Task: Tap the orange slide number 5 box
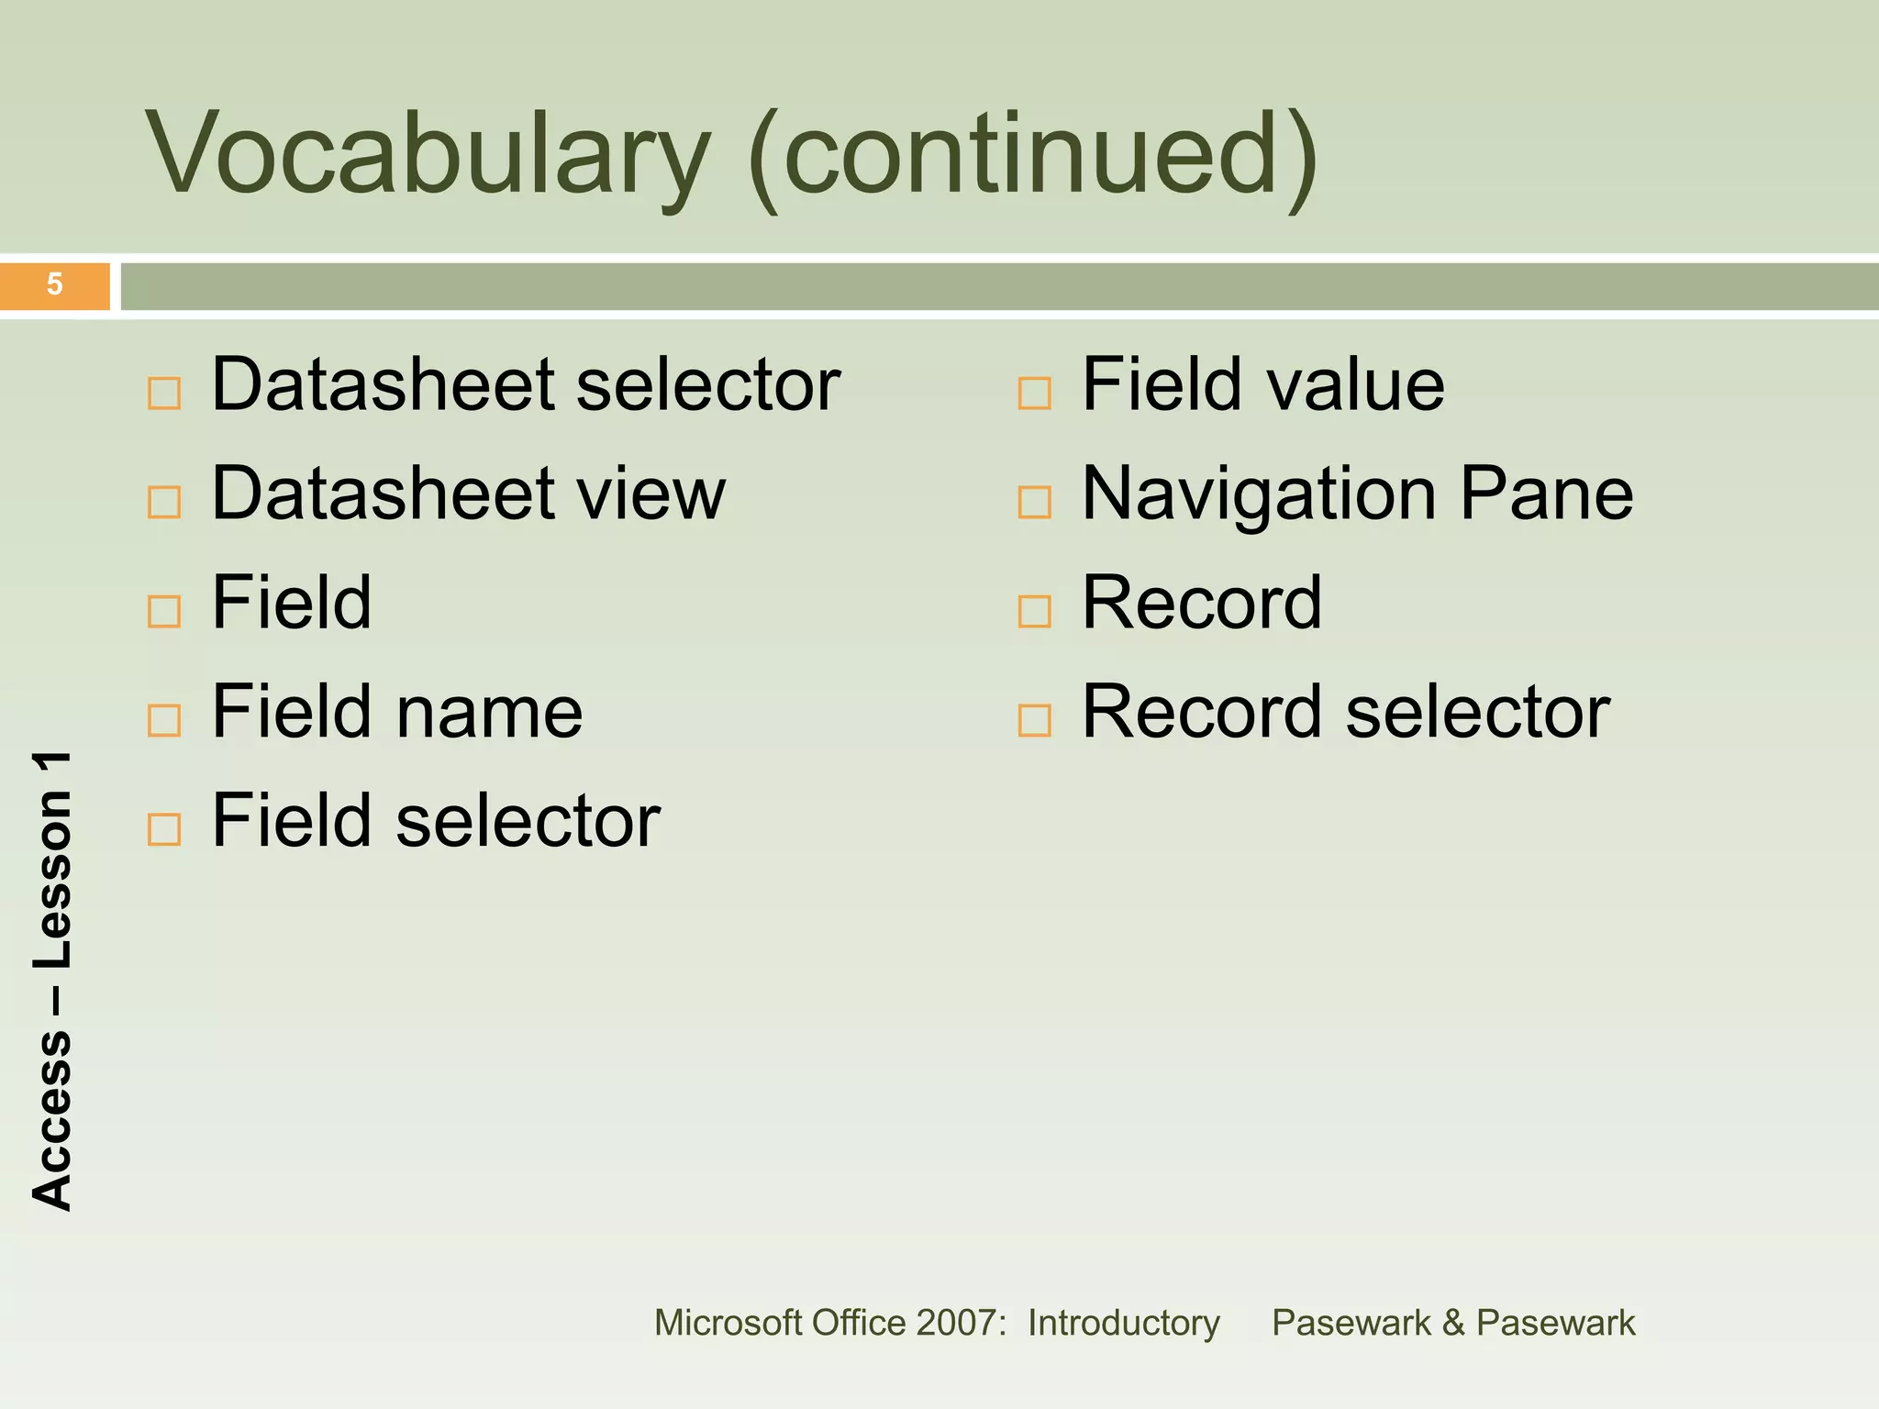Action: click(x=55, y=285)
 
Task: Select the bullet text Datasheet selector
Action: click(x=526, y=385)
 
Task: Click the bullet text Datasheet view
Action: click(x=468, y=494)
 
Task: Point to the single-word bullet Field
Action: click(x=292, y=603)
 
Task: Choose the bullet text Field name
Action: click(x=396, y=712)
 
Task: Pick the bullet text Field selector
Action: click(x=436, y=821)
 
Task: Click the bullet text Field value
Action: click(x=1262, y=385)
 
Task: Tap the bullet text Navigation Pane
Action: click(x=1357, y=494)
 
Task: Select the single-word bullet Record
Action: click(x=1202, y=603)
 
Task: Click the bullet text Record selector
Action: click(x=1345, y=712)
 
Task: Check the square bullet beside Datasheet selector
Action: click(x=164, y=394)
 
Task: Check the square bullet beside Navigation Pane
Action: click(x=1034, y=502)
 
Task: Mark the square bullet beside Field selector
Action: click(x=164, y=829)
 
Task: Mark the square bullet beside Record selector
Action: click(x=1034, y=720)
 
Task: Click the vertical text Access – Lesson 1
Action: click(x=52, y=982)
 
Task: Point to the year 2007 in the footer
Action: click(x=957, y=1323)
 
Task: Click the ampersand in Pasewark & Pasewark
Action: click(x=1452, y=1323)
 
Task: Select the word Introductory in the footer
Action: click(x=1123, y=1323)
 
